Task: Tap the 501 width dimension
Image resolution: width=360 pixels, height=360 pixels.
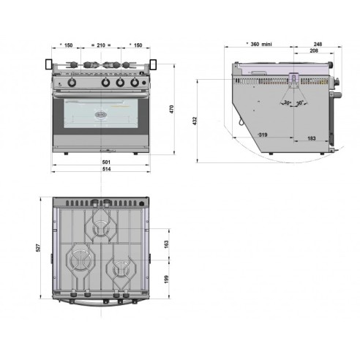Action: coord(106,162)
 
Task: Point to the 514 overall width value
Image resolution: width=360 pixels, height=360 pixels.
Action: coord(106,170)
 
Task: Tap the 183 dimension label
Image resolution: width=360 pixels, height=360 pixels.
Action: coord(311,138)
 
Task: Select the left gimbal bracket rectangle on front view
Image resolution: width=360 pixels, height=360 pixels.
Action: coord(49,66)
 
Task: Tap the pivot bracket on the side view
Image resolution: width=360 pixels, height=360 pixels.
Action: coord(293,80)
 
